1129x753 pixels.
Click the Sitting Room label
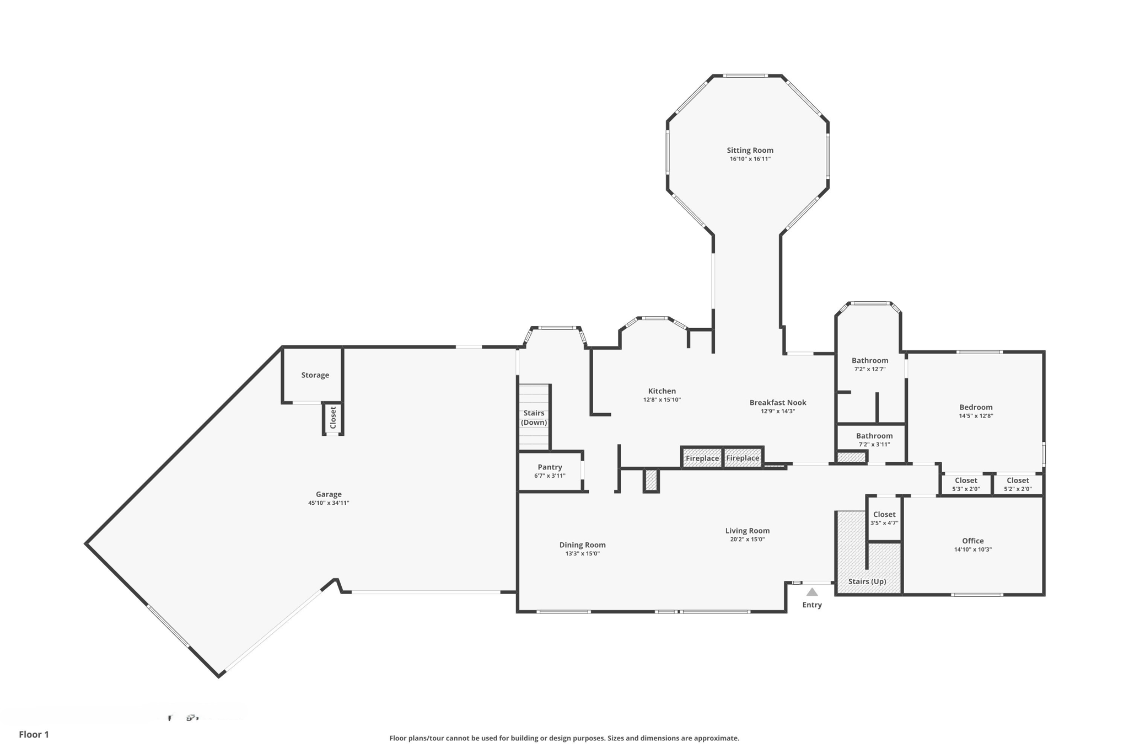tap(750, 150)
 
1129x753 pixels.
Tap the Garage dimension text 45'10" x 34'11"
tap(329, 503)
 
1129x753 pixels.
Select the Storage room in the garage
tap(315, 375)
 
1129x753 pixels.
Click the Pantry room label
tap(550, 467)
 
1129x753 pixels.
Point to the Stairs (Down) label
tap(534, 418)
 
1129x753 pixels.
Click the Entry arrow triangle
tap(812, 592)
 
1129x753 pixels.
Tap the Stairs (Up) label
tap(867, 581)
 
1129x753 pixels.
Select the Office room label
tap(972, 541)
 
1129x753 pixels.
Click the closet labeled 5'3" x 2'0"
tap(966, 484)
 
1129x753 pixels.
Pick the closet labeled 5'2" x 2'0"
tap(1018, 484)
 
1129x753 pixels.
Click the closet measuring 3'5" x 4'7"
tap(884, 518)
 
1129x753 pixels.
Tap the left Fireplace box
tap(702, 458)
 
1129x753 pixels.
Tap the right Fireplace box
tap(743, 458)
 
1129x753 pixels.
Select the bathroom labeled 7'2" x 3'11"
tap(874, 440)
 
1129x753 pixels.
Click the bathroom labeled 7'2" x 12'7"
tap(870, 364)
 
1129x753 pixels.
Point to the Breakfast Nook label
tap(778, 403)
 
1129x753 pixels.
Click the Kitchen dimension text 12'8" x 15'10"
tap(662, 400)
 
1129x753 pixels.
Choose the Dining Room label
tap(582, 545)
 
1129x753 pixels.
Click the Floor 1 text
tap(34, 734)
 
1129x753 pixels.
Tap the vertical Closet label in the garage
tap(333, 418)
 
